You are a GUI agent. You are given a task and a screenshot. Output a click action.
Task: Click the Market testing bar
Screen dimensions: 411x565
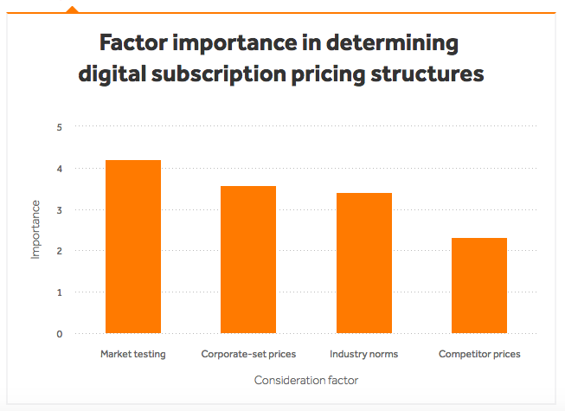point(132,247)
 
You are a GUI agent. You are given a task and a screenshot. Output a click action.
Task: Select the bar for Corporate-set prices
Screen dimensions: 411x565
point(248,260)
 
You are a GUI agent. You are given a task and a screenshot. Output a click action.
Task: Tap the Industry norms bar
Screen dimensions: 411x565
point(363,263)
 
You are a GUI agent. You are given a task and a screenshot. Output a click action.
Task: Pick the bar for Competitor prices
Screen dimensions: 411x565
point(479,286)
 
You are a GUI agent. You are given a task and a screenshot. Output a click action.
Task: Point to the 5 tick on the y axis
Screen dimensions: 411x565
point(60,127)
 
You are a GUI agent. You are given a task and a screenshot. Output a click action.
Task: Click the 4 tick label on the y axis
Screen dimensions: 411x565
point(60,169)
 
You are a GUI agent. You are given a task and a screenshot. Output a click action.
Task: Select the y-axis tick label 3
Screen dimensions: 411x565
point(60,210)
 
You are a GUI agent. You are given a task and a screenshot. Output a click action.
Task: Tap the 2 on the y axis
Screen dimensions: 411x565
point(60,251)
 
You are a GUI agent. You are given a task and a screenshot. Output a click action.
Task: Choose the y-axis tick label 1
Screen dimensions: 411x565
point(60,292)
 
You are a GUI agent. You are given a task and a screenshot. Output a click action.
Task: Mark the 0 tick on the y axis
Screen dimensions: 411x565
point(60,334)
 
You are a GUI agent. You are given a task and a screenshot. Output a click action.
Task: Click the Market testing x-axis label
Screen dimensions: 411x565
point(132,354)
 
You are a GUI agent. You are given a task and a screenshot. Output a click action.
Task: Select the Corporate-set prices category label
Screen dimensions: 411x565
point(248,354)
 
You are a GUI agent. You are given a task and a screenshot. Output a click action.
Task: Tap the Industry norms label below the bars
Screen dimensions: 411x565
point(363,354)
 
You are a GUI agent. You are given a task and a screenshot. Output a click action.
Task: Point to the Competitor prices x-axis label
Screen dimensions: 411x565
point(479,354)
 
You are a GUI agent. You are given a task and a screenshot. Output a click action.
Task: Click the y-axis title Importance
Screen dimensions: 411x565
point(35,229)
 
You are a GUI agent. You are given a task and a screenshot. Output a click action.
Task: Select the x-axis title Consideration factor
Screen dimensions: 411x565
point(306,380)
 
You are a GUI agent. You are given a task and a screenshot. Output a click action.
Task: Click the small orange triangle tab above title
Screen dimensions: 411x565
point(72,10)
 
